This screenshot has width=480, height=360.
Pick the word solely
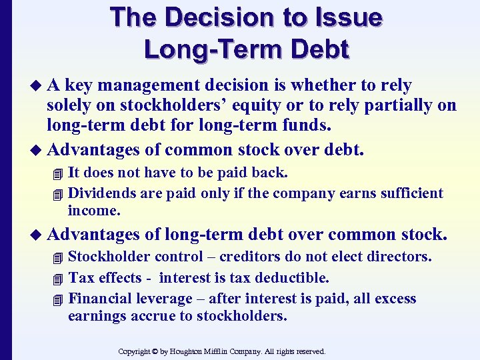click(x=67, y=105)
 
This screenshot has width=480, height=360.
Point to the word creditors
click(x=254, y=257)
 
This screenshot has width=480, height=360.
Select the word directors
click(x=399, y=257)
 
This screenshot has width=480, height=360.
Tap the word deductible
click(x=294, y=278)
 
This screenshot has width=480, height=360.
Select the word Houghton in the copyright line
click(x=195, y=351)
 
